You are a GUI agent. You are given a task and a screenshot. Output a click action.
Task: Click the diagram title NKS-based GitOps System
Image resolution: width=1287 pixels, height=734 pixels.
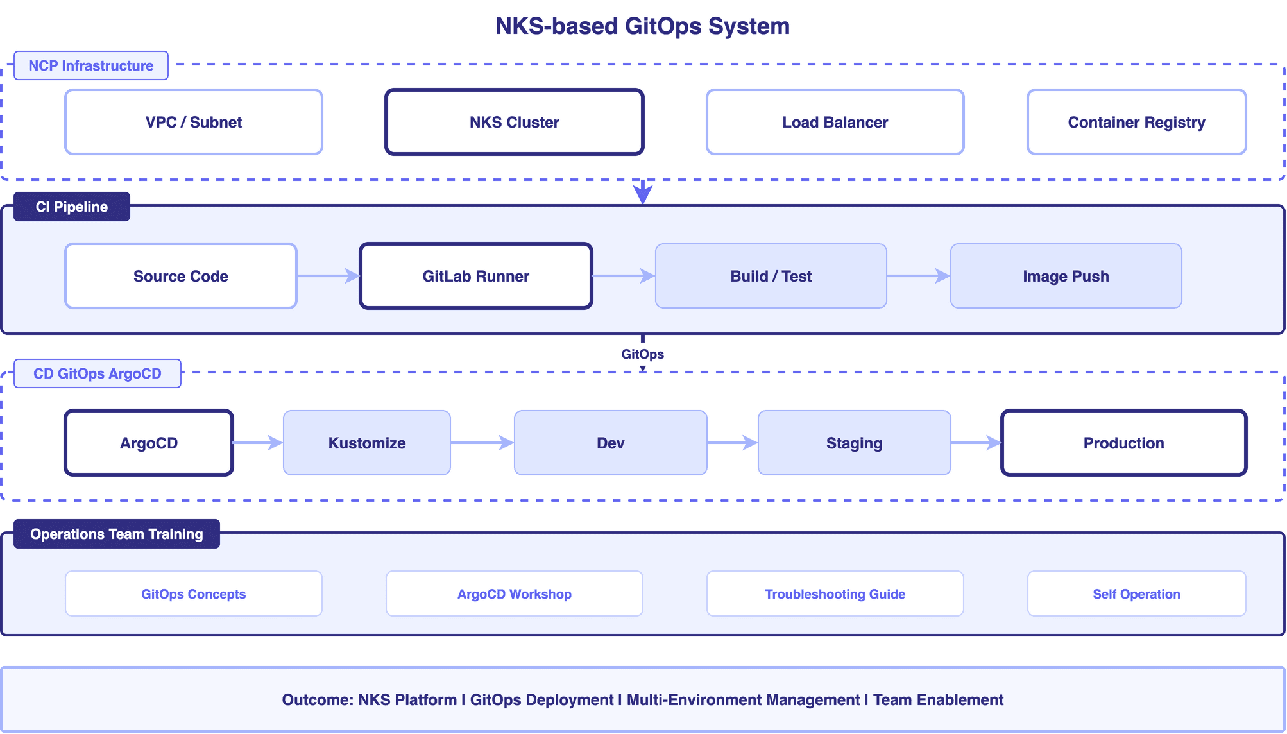[642, 26]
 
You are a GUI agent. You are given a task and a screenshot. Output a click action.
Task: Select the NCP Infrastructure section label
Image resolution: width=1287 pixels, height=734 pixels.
[91, 65]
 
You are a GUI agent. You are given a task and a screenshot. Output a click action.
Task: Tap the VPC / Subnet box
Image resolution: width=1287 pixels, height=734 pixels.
[194, 122]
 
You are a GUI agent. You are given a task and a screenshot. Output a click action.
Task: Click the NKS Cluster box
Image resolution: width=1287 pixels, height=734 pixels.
[514, 122]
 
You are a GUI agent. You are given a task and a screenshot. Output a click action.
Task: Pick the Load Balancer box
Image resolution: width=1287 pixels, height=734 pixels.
[835, 122]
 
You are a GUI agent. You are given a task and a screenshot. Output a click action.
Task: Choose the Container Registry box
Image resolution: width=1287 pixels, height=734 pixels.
[1136, 122]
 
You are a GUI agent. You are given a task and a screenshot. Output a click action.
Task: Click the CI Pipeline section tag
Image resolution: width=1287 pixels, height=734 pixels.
[72, 207]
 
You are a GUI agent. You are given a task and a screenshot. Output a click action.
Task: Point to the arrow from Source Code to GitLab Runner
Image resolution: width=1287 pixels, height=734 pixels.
[328, 276]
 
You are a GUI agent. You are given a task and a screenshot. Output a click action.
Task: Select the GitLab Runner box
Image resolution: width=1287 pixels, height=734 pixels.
[475, 276]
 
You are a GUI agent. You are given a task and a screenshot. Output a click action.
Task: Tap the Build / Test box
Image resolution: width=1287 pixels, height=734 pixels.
[771, 276]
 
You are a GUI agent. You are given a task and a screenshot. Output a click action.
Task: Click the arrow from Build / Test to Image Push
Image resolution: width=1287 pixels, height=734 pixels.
[918, 276]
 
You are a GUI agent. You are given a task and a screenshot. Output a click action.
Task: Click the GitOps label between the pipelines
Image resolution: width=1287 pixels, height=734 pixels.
[642, 354]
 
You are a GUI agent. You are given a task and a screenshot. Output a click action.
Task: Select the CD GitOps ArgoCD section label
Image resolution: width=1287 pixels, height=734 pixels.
[98, 373]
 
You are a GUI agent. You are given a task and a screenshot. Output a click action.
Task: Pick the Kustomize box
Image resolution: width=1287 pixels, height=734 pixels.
[366, 443]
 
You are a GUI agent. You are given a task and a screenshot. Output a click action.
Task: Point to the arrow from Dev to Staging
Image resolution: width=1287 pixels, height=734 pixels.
[732, 443]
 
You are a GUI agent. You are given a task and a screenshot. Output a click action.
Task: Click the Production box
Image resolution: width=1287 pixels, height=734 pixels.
[1123, 443]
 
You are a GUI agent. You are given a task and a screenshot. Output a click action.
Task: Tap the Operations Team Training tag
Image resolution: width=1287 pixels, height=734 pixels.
[117, 534]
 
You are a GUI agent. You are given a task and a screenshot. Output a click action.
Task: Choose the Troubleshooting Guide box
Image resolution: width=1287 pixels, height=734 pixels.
[835, 594]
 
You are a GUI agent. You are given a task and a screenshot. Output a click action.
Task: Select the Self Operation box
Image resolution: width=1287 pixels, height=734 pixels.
[1136, 594]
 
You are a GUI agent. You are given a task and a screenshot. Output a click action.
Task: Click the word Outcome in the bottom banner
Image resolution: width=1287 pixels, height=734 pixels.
[317, 700]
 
